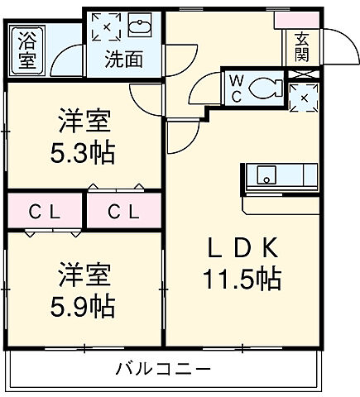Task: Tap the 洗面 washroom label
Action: [123, 59]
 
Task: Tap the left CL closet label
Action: [45, 212]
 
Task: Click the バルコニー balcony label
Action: [163, 368]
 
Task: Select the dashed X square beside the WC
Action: [303, 98]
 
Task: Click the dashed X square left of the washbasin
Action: [106, 26]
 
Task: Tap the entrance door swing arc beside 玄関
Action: [333, 41]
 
